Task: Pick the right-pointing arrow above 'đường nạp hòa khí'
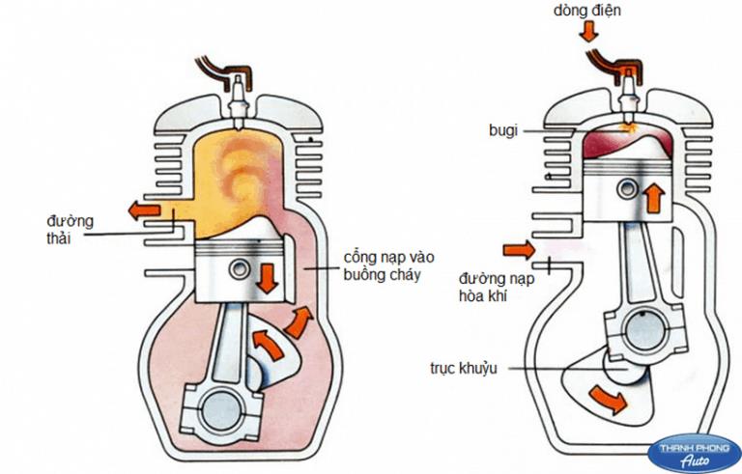(x=518, y=252)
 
